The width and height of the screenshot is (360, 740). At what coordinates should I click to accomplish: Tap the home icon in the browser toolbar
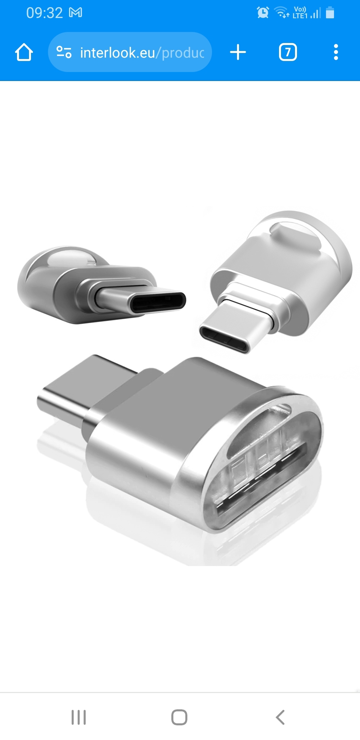24,53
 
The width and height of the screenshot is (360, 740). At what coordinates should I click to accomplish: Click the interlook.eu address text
142,53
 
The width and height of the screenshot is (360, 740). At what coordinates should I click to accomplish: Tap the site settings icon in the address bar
64,53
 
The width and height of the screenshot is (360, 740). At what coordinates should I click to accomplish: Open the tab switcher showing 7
288,53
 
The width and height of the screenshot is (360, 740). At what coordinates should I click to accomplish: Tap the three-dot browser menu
336,53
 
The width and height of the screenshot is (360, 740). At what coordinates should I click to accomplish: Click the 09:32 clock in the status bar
44,13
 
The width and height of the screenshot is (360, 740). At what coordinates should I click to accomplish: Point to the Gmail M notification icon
76,13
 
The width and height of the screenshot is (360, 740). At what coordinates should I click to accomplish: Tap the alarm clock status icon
263,13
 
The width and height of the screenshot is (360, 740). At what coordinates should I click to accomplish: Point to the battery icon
330,13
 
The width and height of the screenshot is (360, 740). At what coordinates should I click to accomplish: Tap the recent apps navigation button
78,717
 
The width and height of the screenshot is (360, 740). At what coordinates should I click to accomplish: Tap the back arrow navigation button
280,717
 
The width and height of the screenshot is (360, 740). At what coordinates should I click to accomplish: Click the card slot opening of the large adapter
261,479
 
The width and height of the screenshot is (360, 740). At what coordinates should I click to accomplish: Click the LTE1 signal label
300,15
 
